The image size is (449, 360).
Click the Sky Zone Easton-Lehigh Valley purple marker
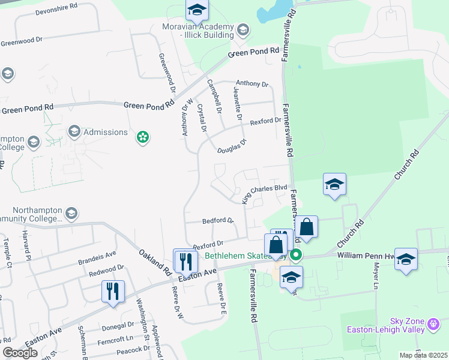click(435, 325)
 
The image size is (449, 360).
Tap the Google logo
click(20, 353)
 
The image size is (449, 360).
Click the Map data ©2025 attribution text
click(424, 355)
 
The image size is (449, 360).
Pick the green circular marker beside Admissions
click(143, 138)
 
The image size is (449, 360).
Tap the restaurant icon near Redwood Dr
click(113, 292)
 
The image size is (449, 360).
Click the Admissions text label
click(105, 132)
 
